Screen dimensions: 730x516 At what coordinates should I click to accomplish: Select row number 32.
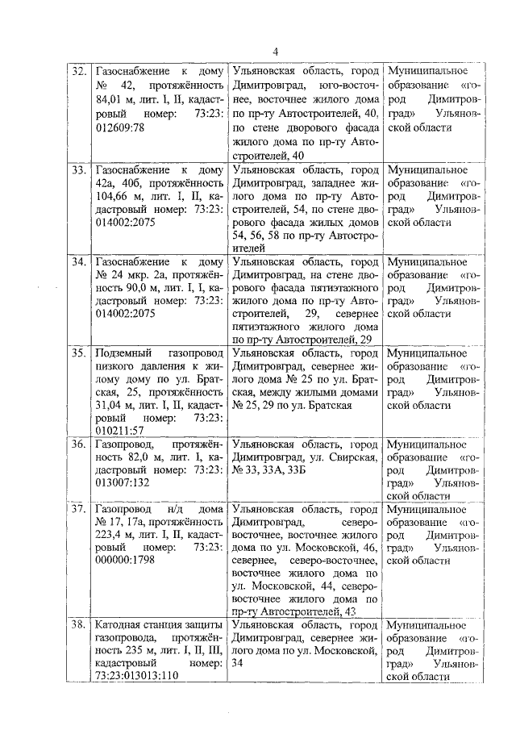click(78, 72)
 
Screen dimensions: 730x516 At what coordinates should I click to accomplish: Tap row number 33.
click(78, 171)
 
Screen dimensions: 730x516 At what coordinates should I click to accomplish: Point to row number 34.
click(78, 263)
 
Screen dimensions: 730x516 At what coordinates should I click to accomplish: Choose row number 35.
click(78, 353)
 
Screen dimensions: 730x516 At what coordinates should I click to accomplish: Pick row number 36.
click(78, 444)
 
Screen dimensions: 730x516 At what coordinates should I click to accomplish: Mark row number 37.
click(78, 510)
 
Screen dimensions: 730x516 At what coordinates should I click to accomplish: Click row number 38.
click(78, 626)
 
